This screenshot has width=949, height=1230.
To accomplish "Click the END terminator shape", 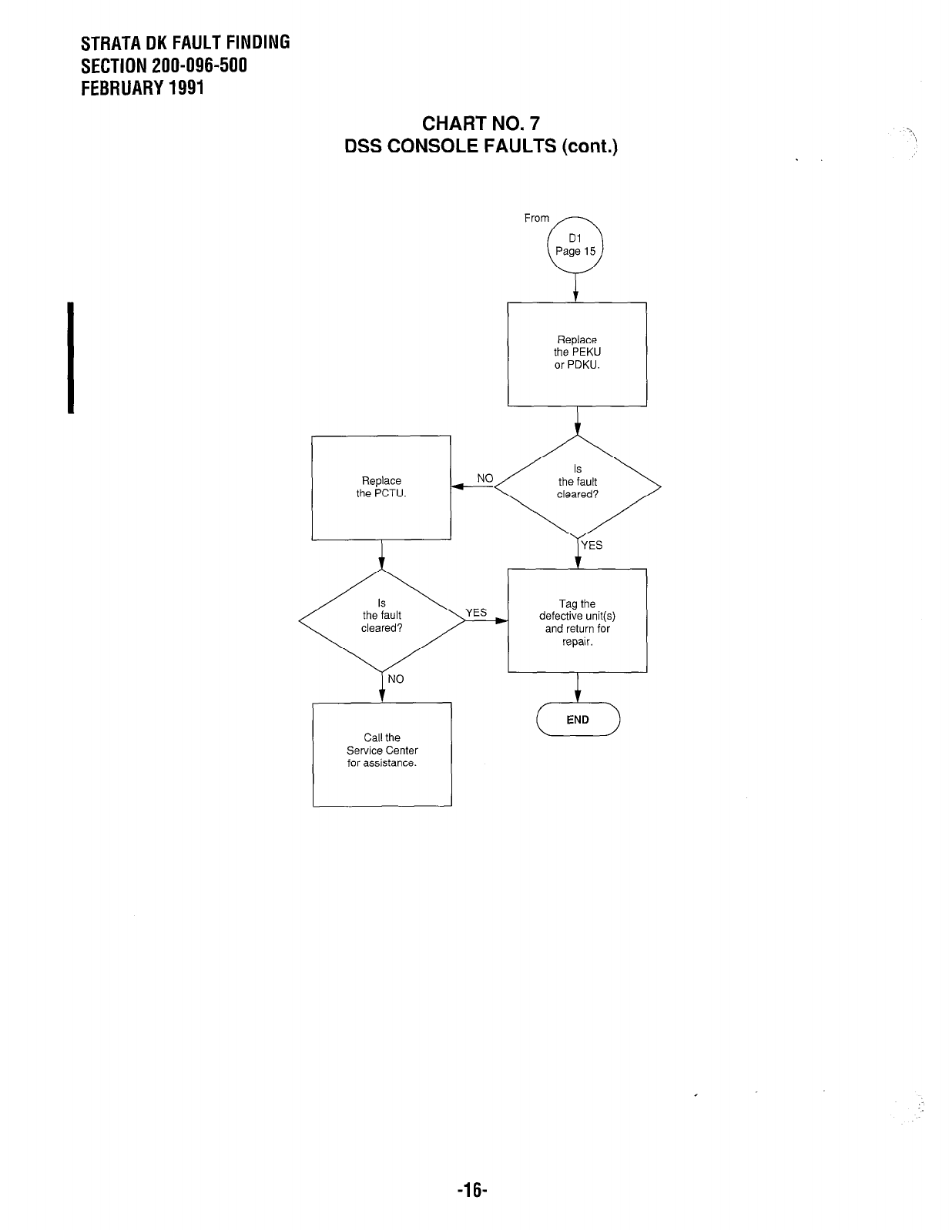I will [578, 720].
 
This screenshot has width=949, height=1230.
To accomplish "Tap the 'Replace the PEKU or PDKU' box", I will [577, 353].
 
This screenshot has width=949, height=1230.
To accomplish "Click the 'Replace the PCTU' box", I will [381, 487].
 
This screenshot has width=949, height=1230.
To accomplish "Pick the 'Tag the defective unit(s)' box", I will [577, 620].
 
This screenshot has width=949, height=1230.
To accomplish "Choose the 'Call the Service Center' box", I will [382, 754].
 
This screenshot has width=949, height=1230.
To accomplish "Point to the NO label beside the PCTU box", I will [485, 478].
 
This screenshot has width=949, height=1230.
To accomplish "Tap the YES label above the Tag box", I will [592, 546].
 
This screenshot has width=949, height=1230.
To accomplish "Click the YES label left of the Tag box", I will [476, 613].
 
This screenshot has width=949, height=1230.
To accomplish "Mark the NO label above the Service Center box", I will [395, 679].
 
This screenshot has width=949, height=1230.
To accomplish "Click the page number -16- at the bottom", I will [473, 1191].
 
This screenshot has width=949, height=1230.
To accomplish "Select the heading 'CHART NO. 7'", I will [481, 124].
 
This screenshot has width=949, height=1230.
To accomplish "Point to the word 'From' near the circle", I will [536, 218].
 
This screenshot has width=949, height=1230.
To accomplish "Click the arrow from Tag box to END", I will [577, 687].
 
